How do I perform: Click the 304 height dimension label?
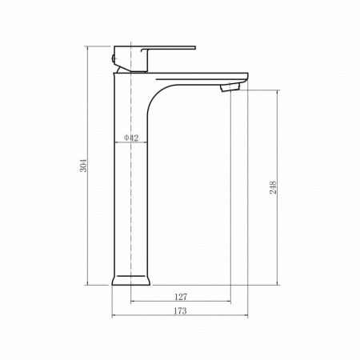pyautogui.click(x=83, y=166)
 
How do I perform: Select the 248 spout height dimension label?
pyautogui.click(x=274, y=187)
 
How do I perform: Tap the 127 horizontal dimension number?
pyautogui.click(x=181, y=297)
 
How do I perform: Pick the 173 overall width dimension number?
pyautogui.click(x=180, y=310)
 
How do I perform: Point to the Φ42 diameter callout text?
pyautogui.click(x=131, y=138)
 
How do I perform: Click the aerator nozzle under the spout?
pyautogui.click(x=230, y=87)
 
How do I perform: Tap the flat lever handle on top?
pyautogui.click(x=169, y=48)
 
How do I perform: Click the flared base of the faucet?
pyautogui.click(x=130, y=281)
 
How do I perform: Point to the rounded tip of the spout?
pyautogui.click(x=246, y=78)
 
